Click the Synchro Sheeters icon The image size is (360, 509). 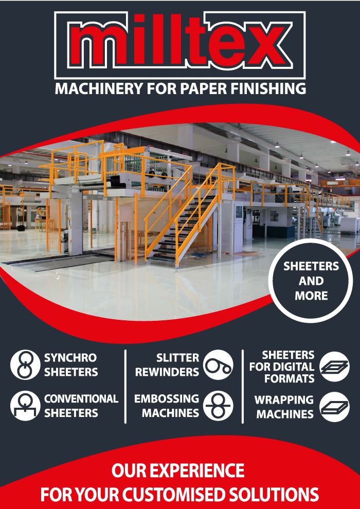tap(23, 365)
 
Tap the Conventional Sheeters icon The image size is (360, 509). tap(23, 406)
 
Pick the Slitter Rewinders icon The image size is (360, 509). tap(218, 365)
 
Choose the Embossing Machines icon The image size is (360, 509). tap(218, 406)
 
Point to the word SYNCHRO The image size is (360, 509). tap(70, 358)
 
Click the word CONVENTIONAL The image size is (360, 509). tap(81, 399)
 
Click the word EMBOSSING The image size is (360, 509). tap(167, 399)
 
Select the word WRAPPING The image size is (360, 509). tap(284, 400)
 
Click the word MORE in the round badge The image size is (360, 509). tap(312, 296)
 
